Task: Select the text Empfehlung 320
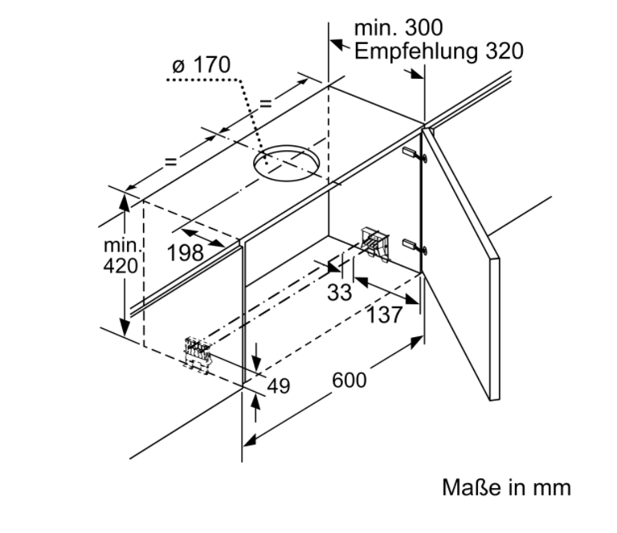click(438, 51)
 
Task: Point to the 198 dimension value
click(185, 253)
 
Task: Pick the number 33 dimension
click(339, 293)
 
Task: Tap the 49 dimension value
click(277, 385)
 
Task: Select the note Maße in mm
click(506, 487)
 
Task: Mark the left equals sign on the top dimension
click(170, 161)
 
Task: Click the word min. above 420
click(121, 245)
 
